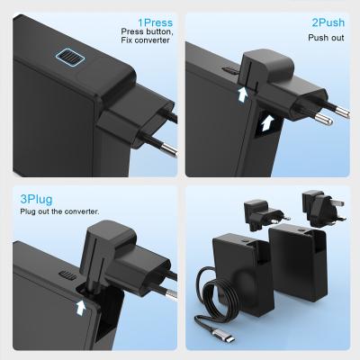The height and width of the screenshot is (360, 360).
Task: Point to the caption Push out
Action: point(326,39)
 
